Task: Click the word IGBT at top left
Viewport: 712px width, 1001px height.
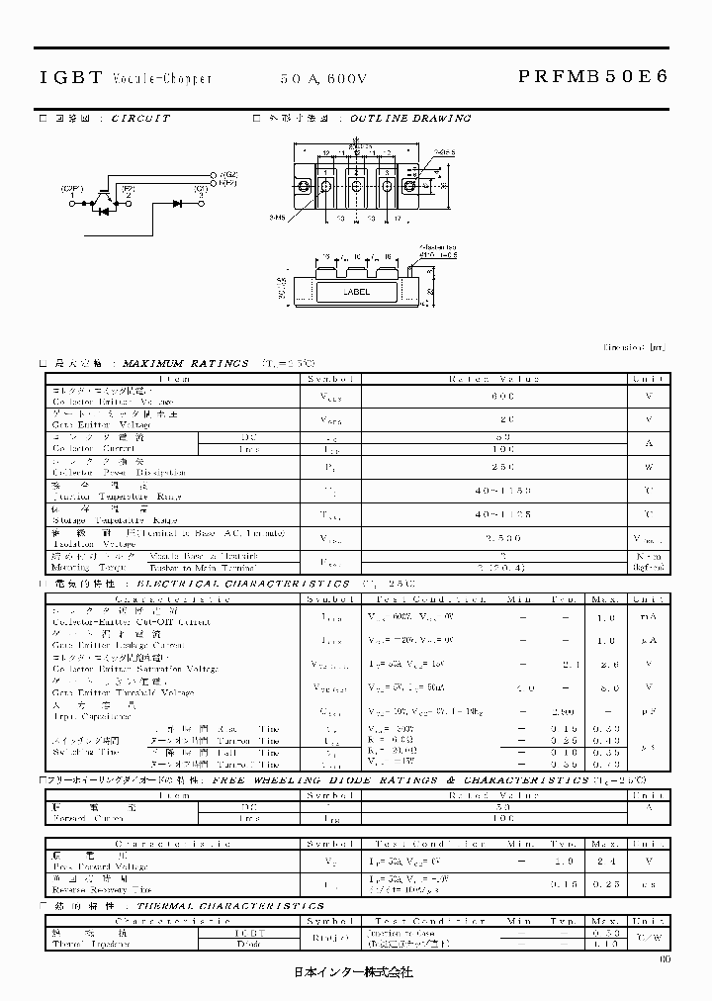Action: (69, 77)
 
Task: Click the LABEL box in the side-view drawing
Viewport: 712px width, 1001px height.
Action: (357, 293)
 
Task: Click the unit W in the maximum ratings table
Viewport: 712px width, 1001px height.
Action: (650, 467)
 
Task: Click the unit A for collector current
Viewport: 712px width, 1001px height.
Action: (650, 443)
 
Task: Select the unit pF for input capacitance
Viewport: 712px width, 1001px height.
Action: (650, 710)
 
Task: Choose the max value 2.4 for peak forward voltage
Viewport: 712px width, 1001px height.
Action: (599, 861)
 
